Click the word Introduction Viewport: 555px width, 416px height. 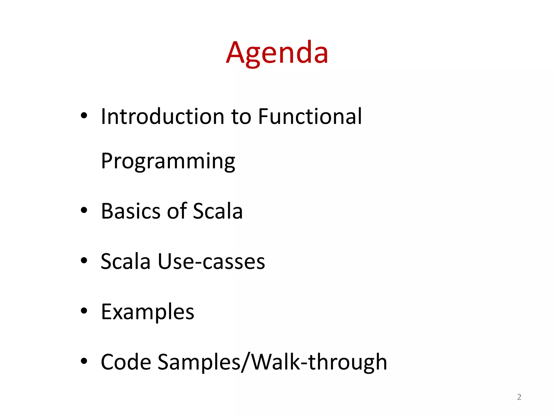[x=162, y=116]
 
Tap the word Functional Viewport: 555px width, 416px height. [x=310, y=116]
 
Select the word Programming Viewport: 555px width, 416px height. [x=168, y=162]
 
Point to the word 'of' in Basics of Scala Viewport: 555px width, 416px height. [x=177, y=211]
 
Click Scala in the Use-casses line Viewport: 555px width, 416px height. [x=125, y=262]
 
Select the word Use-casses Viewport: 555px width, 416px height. [x=211, y=262]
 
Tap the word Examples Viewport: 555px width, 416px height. [x=147, y=312]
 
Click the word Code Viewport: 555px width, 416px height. [x=126, y=362]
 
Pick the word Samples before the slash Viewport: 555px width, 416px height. [x=199, y=362]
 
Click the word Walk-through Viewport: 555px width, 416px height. [x=319, y=362]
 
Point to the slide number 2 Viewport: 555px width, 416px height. [x=519, y=397]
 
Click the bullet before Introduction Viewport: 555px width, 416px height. [x=84, y=116]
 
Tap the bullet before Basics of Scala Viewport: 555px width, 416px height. [x=84, y=210]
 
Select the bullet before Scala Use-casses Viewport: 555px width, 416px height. [x=84, y=261]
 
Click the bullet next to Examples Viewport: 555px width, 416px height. [x=84, y=311]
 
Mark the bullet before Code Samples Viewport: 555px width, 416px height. [x=84, y=361]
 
